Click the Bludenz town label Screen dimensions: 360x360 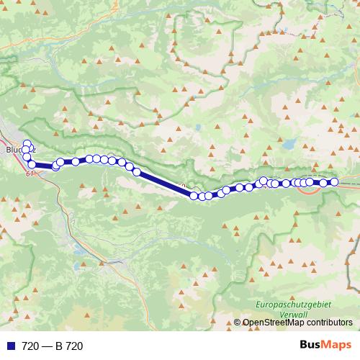14,150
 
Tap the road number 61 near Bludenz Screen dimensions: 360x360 30,174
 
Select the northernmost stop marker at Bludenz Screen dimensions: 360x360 27,143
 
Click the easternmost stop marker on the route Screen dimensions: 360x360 334,182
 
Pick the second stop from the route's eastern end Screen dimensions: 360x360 324,183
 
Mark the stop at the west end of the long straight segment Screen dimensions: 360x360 136,171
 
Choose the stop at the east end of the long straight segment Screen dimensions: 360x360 194,195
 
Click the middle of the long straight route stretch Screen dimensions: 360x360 166,184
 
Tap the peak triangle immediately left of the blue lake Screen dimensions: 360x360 279,143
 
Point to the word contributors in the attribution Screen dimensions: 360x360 333,323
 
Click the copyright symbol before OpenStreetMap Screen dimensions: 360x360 238,323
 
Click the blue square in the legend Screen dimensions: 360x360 10,346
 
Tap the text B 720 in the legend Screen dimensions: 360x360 70,346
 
